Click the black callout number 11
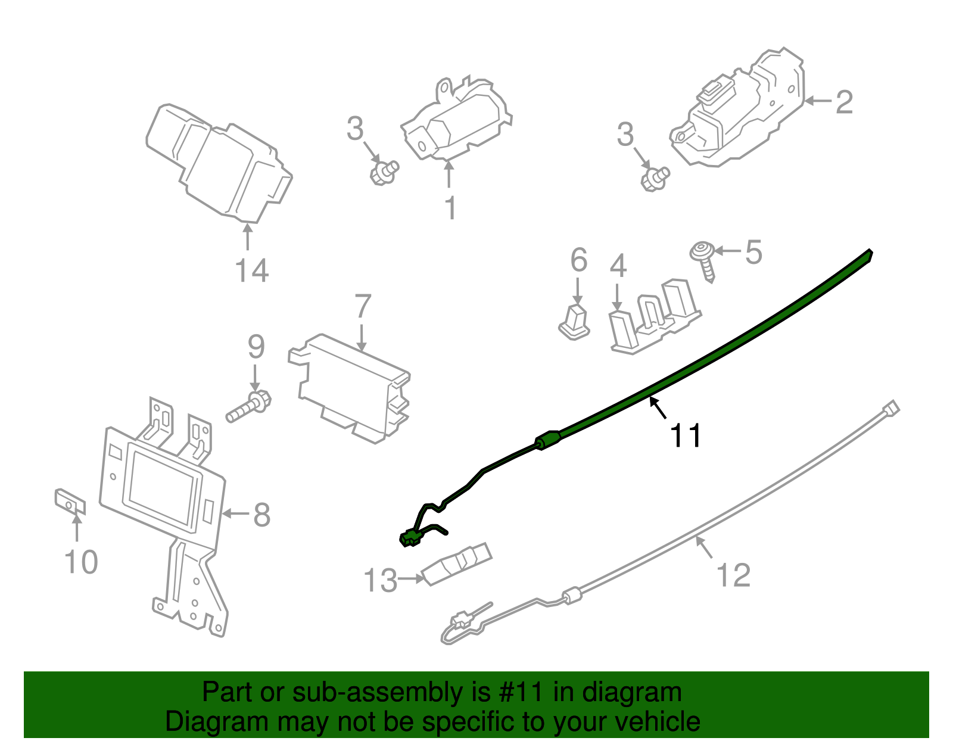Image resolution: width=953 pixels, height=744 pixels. (686, 436)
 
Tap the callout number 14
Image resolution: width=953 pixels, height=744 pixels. (252, 271)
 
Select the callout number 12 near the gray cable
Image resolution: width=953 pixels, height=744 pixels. (733, 576)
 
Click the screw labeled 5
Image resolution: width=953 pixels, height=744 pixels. (705, 259)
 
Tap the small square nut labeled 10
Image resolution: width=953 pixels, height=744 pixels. (70, 502)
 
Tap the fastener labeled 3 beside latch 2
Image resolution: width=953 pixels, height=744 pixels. (655, 178)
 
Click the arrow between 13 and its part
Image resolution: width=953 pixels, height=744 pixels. (411, 578)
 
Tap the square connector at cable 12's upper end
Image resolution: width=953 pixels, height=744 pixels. (891, 409)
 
